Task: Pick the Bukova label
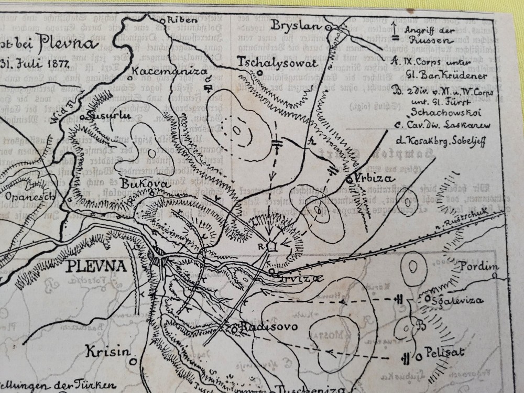137,184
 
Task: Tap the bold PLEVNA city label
96,266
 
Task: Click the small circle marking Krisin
134,360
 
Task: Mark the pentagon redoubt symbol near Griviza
271,246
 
